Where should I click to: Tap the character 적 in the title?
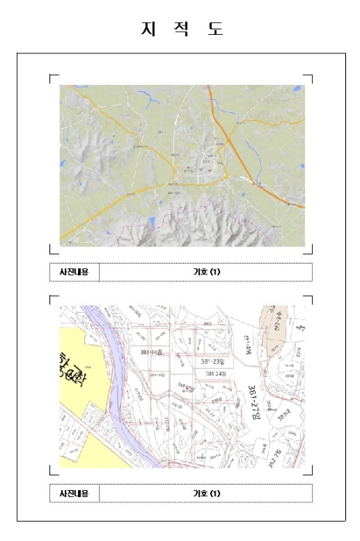pyautogui.click(x=180, y=29)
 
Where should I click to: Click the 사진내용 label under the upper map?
pyautogui.click(x=74, y=272)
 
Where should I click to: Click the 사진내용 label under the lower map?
pyautogui.click(x=74, y=493)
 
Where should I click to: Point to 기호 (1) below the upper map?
pyautogui.click(x=206, y=272)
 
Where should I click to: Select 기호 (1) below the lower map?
pyautogui.click(x=206, y=493)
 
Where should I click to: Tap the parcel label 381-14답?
pyautogui.click(x=151, y=352)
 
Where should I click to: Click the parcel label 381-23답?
pyautogui.click(x=210, y=361)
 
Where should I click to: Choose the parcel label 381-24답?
pyautogui.click(x=210, y=374)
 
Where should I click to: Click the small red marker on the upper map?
pyautogui.click(x=188, y=167)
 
